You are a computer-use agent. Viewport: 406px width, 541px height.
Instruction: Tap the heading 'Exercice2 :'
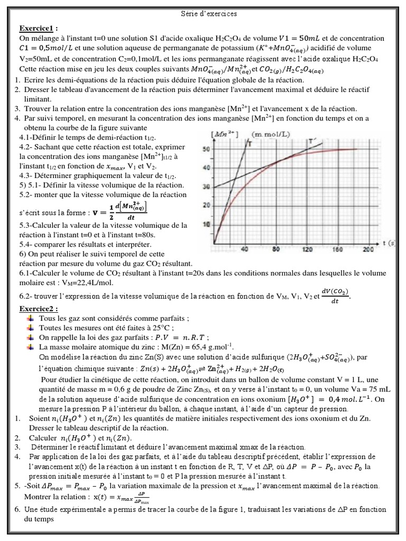click(39, 309)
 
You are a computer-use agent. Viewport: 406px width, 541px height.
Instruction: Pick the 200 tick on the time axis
click(368, 249)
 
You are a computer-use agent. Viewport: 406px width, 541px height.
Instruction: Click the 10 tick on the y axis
click(206, 225)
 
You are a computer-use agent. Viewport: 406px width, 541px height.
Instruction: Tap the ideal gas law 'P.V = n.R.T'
click(180, 337)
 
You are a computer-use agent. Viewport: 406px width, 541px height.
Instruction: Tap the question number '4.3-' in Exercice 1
click(27, 175)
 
